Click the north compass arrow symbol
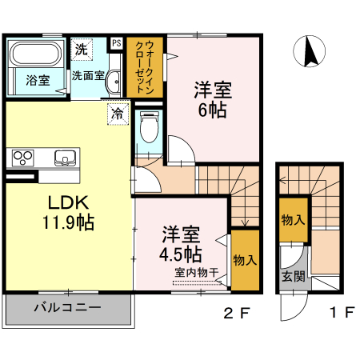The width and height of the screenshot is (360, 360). coord(308,52)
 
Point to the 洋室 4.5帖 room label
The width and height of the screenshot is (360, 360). coord(180,246)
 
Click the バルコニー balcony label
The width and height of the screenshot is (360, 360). coord(67,307)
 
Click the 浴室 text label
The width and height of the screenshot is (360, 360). coord(37,81)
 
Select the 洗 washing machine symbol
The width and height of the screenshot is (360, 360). coord(82,48)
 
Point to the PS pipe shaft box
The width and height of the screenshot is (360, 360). coord(116,43)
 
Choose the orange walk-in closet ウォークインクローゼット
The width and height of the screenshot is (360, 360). coord(145,68)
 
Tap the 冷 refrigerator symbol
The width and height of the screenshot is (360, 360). coord(118,114)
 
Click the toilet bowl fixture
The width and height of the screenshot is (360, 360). coord(148,126)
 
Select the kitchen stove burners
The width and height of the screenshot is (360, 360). coord(22,156)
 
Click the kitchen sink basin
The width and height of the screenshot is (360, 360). coord(64,156)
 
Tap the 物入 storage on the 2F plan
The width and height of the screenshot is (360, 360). coord(244,260)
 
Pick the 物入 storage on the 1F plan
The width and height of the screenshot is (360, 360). coord(293,220)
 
